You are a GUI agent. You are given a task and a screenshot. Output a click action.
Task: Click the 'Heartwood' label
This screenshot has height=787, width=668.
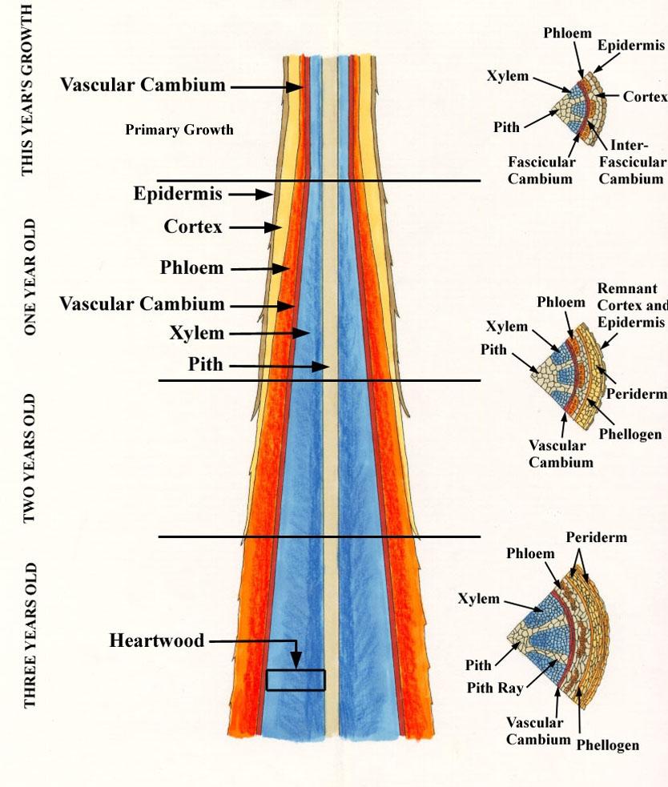click(156, 640)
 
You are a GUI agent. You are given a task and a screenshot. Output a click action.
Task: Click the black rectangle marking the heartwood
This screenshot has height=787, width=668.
click(296, 680)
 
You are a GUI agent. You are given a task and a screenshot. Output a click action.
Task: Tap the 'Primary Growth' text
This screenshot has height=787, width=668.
click(179, 130)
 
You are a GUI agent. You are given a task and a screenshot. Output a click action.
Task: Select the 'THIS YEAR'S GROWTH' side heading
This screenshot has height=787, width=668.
click(27, 88)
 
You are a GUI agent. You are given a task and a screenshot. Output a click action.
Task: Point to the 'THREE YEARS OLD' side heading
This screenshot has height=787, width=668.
click(30, 636)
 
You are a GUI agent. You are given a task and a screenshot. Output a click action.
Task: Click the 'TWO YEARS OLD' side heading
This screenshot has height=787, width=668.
click(29, 458)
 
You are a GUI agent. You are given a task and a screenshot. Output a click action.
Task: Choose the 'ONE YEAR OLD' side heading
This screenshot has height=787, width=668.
click(29, 277)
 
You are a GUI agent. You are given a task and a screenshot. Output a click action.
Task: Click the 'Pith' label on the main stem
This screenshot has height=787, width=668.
click(205, 365)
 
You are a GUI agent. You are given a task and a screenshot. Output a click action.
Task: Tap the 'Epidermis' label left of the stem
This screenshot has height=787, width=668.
click(178, 194)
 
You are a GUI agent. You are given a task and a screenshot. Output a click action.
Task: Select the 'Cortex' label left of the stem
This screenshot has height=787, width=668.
click(193, 227)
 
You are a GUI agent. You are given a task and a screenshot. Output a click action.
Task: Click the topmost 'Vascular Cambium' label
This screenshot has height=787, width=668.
click(143, 85)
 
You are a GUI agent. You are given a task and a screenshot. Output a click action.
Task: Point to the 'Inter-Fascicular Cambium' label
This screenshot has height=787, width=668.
click(631, 162)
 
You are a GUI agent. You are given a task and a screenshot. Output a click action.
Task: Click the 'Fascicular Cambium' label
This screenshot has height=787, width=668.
click(541, 170)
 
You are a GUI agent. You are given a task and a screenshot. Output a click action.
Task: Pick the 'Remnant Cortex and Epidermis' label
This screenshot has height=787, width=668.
click(631, 305)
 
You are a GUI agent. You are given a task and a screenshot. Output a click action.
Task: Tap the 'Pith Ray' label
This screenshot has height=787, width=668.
click(498, 687)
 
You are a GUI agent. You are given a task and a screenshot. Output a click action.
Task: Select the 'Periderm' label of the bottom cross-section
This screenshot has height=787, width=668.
click(596, 537)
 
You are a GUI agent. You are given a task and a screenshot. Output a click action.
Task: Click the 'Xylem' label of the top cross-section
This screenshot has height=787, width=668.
click(507, 76)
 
